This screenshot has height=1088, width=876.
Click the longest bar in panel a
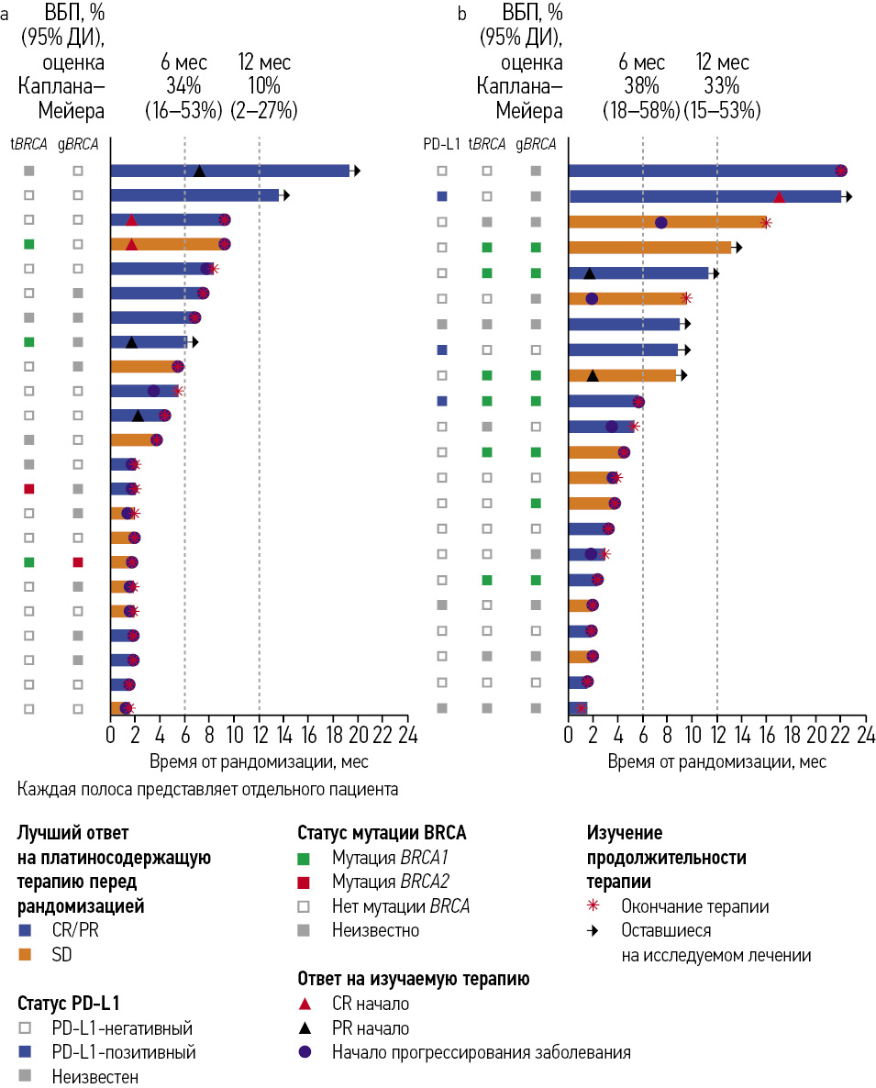[x=229, y=171]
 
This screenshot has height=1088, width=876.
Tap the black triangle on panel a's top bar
[x=199, y=171]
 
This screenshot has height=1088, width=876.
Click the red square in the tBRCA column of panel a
[x=29, y=489]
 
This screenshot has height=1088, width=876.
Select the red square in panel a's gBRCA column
[x=78, y=562]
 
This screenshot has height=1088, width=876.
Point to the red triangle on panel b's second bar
[x=779, y=197]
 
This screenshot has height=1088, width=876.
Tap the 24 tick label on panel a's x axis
[x=407, y=735]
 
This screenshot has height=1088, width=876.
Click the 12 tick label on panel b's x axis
[x=716, y=735]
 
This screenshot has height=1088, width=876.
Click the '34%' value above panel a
[x=183, y=86]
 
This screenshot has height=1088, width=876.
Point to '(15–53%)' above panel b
[x=722, y=111]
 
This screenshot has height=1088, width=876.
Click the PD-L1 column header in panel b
[x=441, y=143]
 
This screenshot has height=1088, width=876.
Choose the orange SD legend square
[x=25, y=955]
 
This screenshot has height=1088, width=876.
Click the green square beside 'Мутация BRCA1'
[x=305, y=859]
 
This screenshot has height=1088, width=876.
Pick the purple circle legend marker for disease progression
[x=305, y=1052]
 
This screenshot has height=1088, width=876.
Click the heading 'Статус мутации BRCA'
[x=382, y=833]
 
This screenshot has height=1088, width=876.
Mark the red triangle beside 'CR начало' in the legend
[x=305, y=1004]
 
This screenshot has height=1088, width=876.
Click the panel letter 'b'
[x=461, y=13]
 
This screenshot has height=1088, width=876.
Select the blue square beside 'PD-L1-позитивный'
[x=25, y=1052]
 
